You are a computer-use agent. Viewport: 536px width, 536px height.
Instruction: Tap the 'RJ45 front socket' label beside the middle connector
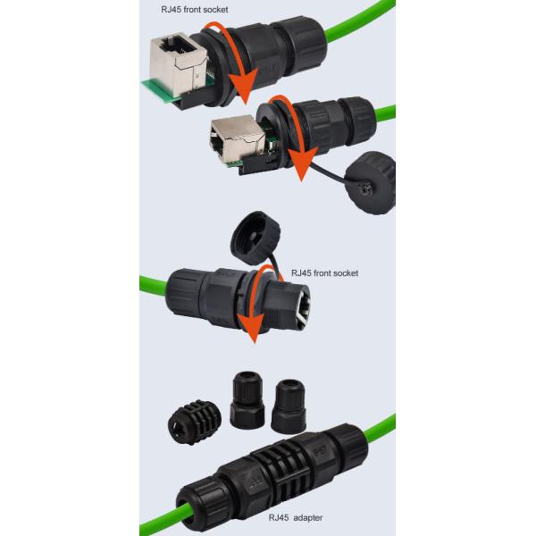324,272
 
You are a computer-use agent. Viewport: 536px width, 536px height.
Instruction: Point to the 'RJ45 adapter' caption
297,515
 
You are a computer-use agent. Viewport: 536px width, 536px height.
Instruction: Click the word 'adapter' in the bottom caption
308,515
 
